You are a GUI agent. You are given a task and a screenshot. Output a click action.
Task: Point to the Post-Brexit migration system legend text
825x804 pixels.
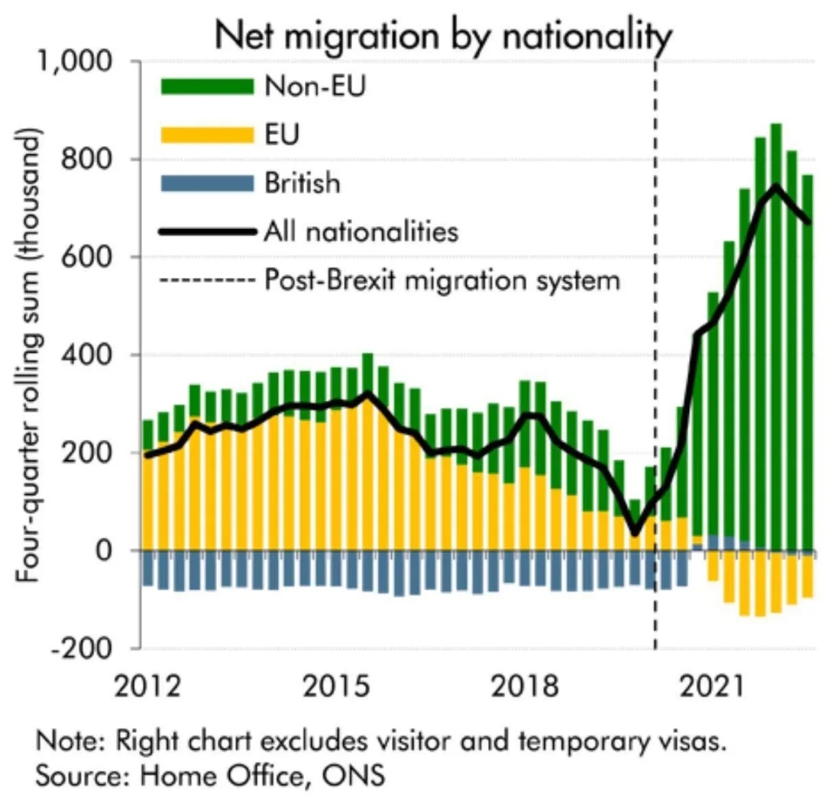pos(442,280)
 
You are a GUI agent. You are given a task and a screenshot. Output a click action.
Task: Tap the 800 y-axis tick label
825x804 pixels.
pos(98,160)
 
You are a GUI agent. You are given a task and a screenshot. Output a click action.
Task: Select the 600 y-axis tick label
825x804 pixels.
pos(98,257)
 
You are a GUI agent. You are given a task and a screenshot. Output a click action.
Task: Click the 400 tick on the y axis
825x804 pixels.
pos(98,355)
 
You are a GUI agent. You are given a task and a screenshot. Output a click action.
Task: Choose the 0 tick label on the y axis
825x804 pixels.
pos(115,551)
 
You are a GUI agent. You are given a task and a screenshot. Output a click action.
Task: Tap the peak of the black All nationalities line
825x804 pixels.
pos(776,186)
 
